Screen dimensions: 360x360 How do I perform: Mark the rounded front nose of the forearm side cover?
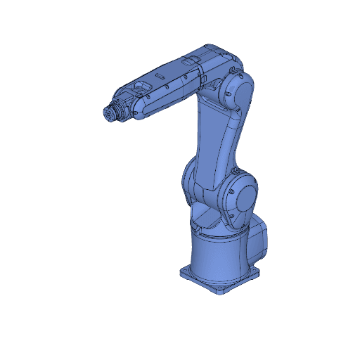(138, 113)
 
